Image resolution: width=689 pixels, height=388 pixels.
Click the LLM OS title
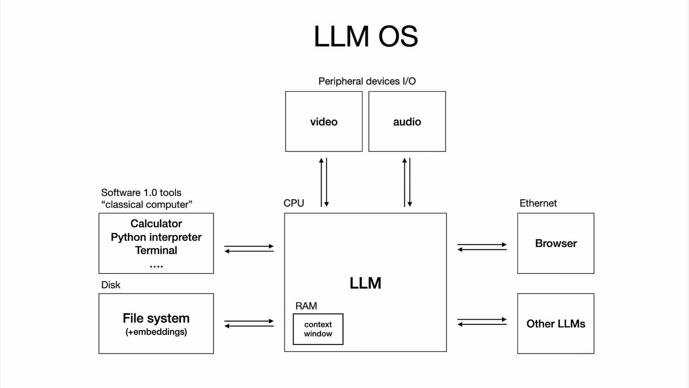(x=366, y=36)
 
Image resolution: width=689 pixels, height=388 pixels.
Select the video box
(x=324, y=121)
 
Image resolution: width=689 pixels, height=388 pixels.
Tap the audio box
(x=407, y=121)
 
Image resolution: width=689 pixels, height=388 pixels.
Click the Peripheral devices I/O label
(x=367, y=81)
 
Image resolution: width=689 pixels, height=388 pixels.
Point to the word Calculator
(x=156, y=223)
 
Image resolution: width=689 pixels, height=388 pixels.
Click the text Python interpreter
(x=156, y=237)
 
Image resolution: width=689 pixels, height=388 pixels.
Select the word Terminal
(x=156, y=250)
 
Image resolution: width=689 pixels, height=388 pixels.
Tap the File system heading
(x=156, y=318)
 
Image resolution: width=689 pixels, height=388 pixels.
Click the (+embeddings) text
(x=156, y=332)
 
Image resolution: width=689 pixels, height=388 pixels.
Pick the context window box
(x=318, y=329)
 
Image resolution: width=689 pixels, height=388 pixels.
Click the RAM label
(x=306, y=306)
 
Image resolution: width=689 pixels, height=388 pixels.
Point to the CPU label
(x=294, y=203)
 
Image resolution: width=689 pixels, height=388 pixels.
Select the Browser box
(x=556, y=243)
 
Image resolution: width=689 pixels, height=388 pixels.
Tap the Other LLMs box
(x=556, y=324)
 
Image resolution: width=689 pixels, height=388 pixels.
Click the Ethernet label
(x=538, y=203)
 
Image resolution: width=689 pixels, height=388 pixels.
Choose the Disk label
(x=111, y=285)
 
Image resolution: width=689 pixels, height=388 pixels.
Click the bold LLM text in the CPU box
(x=365, y=283)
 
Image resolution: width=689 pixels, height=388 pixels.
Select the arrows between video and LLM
(x=324, y=182)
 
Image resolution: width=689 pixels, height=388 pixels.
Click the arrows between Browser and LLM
(x=482, y=247)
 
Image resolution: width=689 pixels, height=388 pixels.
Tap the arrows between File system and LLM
(x=249, y=323)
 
